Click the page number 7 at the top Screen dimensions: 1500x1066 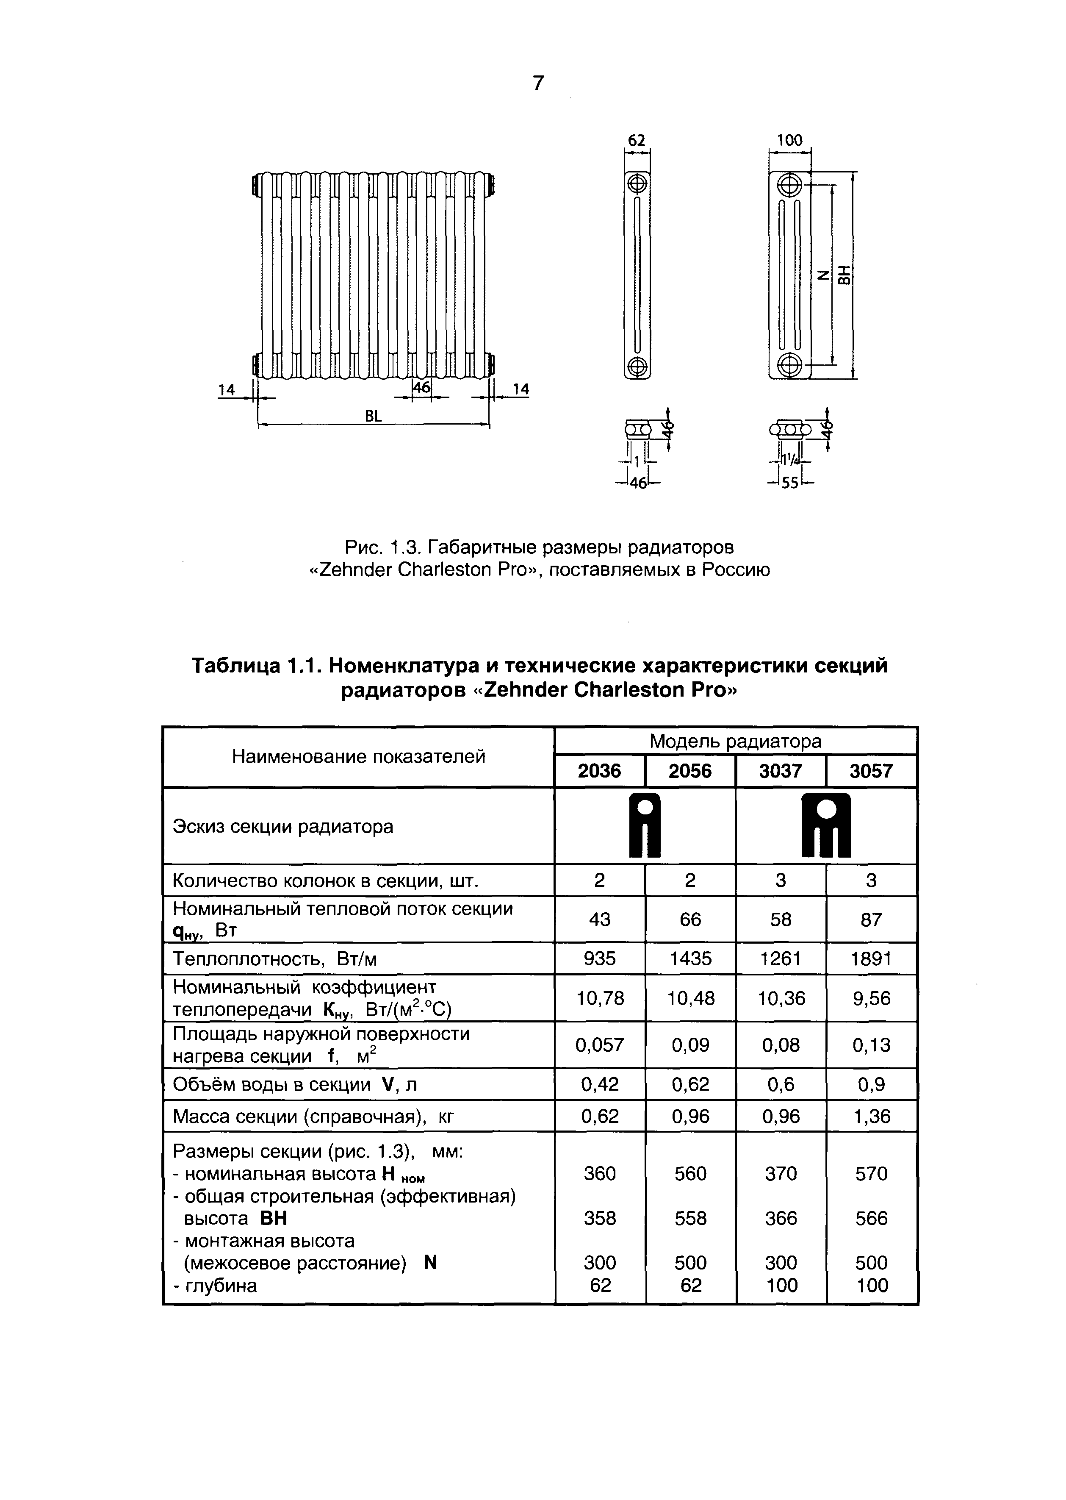(538, 83)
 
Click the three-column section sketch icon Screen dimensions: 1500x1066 (826, 825)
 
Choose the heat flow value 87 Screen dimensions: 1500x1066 (871, 919)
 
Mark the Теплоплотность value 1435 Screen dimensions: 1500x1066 (690, 959)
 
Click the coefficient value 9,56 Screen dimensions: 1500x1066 (871, 999)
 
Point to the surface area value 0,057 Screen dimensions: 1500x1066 (599, 1045)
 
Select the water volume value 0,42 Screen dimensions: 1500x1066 (599, 1084)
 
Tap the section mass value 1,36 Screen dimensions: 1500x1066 (871, 1117)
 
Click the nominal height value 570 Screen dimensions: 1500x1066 (871, 1174)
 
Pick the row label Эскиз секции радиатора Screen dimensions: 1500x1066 (283, 827)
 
